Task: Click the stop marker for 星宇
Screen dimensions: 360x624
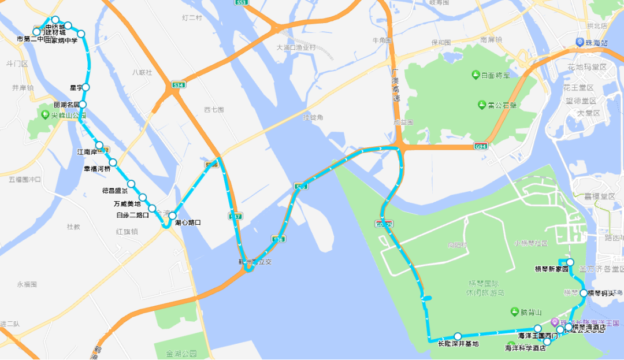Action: pyautogui.click(x=86, y=87)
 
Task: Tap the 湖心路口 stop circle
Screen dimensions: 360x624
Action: pyautogui.click(x=172, y=216)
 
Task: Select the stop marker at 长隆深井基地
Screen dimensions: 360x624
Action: pyautogui.click(x=458, y=336)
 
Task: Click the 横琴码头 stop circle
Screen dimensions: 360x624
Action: pyautogui.click(x=584, y=293)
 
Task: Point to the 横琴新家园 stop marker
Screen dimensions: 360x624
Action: pyautogui.click(x=570, y=262)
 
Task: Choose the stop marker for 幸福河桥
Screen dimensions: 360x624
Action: pyautogui.click(x=113, y=162)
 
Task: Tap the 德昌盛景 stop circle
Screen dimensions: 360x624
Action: pyautogui.click(x=131, y=184)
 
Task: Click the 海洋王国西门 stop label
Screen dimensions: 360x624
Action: pyautogui.click(x=538, y=336)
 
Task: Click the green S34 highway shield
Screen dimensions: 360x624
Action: pyautogui.click(x=179, y=86)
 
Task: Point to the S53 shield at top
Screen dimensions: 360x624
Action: pyautogui.click(x=242, y=2)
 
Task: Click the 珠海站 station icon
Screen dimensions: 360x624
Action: pyautogui.click(x=580, y=42)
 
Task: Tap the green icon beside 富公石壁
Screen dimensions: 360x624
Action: pyautogui.click(x=482, y=105)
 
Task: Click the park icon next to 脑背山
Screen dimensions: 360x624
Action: pyautogui.click(x=514, y=312)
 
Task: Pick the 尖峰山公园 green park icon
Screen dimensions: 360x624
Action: pyautogui.click(x=45, y=114)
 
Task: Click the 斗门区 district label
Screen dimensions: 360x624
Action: pyautogui.click(x=17, y=64)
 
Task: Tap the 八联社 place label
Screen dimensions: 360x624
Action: pyautogui.click(x=142, y=72)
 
